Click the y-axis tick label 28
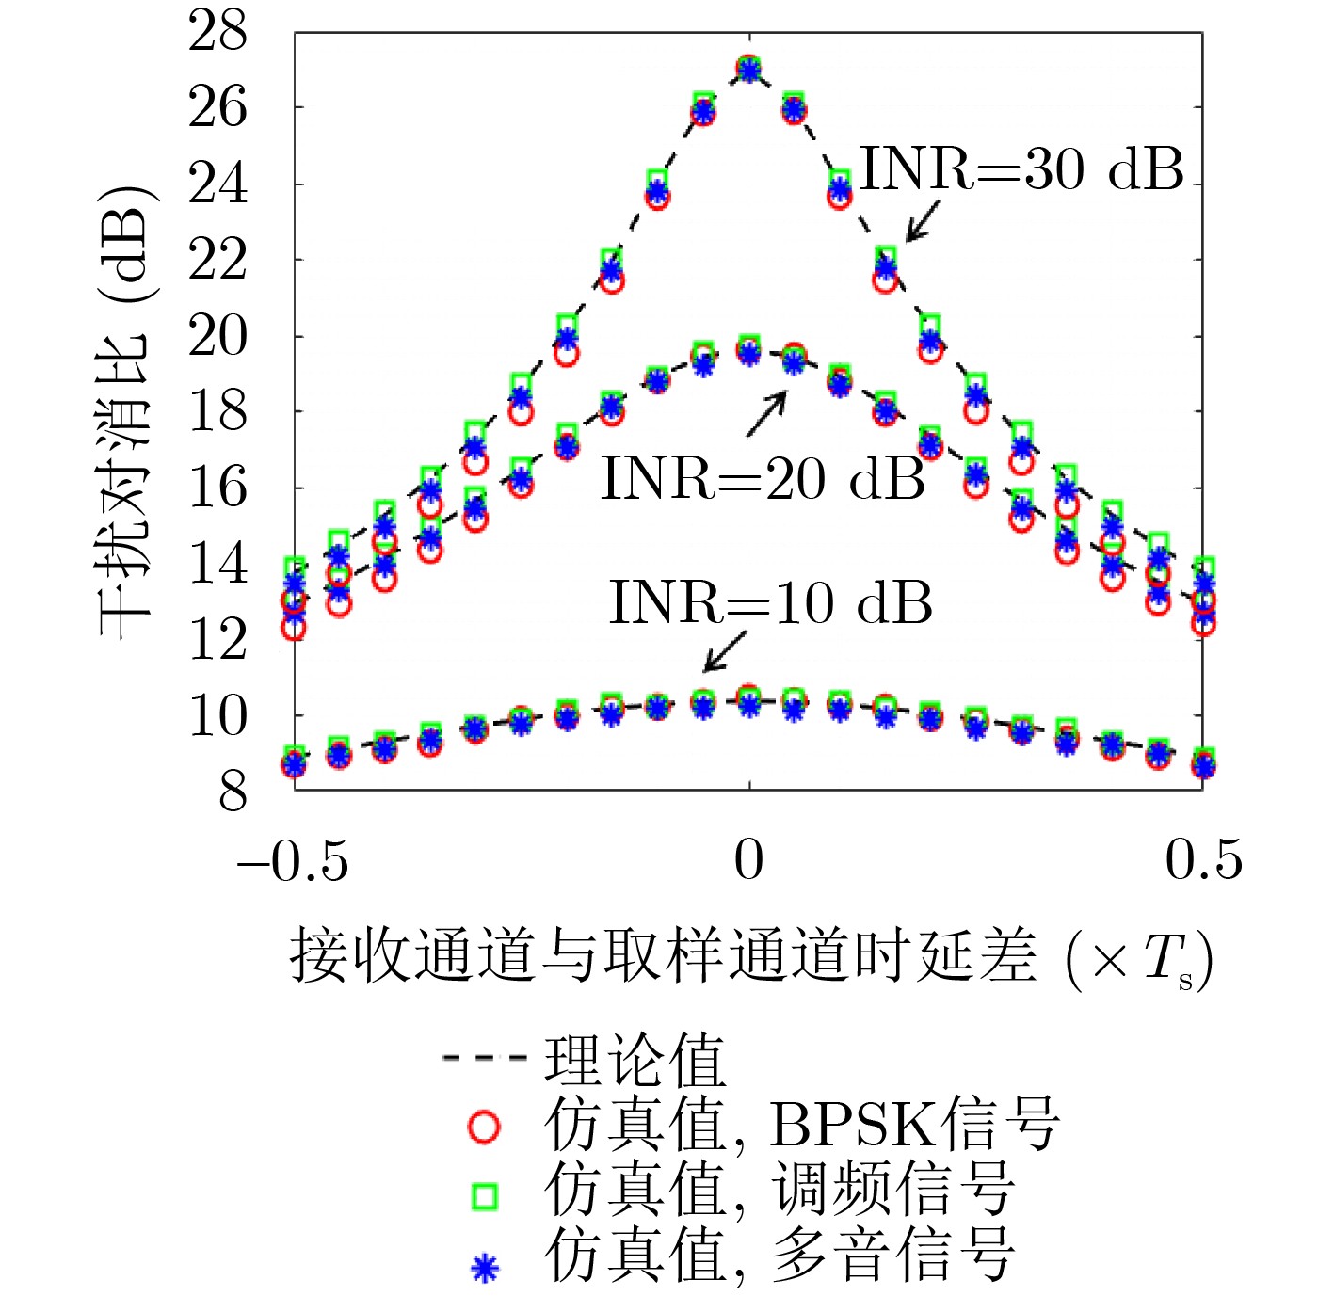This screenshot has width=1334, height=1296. pos(217,31)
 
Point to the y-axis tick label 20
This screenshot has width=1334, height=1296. pos(217,336)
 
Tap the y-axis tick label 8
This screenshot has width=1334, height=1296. pos(233,791)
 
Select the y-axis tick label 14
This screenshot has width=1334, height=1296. pos(217,564)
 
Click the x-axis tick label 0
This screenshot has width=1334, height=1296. pos(748,859)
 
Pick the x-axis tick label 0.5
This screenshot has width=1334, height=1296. pos(1203,859)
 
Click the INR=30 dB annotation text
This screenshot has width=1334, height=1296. pos(1021,169)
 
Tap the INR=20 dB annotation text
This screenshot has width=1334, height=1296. pos(763,478)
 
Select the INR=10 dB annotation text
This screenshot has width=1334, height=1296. pos(770,602)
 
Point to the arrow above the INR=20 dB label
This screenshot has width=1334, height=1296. pos(766,414)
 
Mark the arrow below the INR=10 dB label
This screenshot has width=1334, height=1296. pos(725,650)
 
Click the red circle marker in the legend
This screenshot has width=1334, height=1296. pos(484,1127)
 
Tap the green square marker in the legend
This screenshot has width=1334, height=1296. pos(484,1195)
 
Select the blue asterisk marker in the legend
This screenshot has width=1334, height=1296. pos(484,1268)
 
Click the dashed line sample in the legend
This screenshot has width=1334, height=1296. pos(484,1058)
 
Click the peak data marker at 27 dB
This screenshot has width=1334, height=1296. pos(748,69)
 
